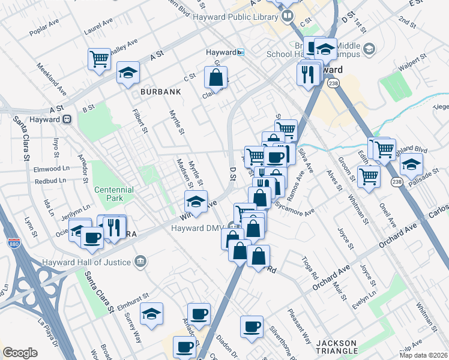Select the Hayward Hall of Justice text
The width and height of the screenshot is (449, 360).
88,262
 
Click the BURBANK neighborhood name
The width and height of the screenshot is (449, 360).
161,92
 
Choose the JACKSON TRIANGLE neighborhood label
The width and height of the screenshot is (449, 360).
337,347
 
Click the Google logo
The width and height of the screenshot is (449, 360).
20,353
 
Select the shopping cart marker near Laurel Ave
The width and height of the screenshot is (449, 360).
99,59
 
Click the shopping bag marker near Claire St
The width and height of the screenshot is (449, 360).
215,77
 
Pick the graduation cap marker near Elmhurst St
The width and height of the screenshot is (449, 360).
152,313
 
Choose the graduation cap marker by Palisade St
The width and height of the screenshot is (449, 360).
411,164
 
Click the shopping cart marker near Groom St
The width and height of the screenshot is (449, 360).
369,176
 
